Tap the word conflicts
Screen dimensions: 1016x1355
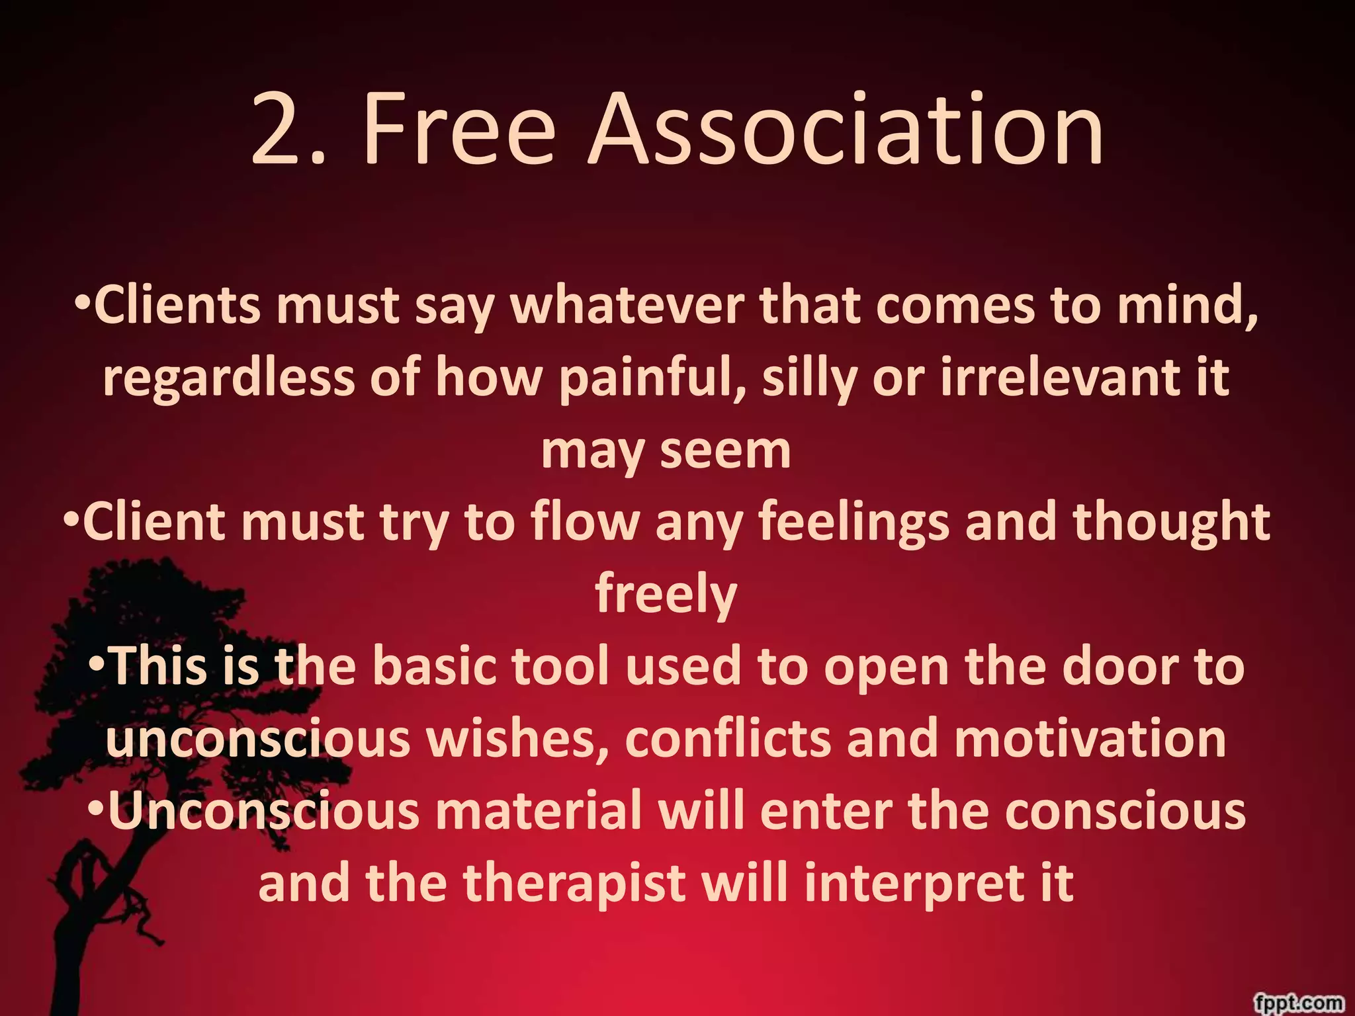(x=728, y=739)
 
